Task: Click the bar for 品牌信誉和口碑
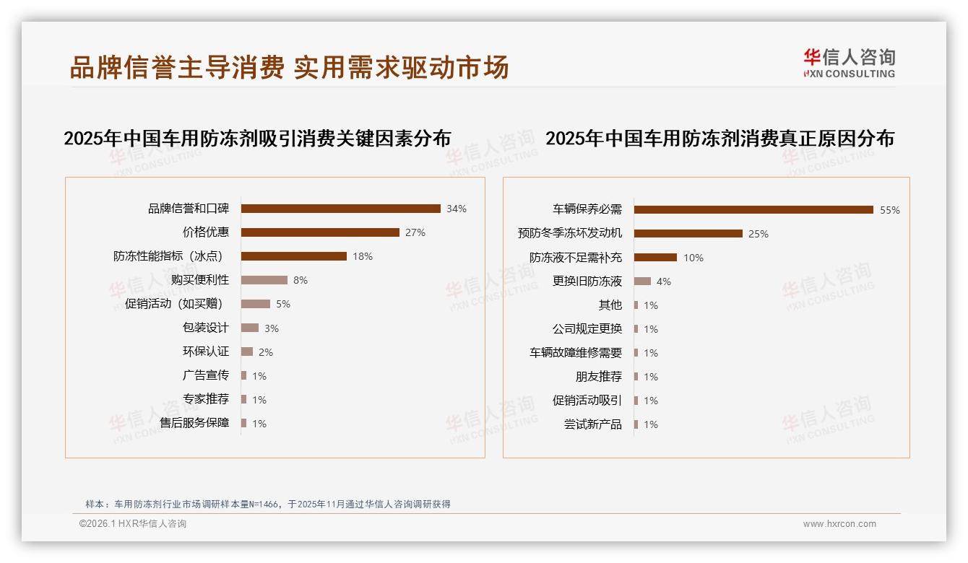click(340, 209)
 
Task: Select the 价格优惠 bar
click(320, 232)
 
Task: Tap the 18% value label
click(363, 256)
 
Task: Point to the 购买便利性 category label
click(200, 280)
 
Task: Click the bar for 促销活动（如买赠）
click(256, 304)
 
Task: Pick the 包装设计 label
click(206, 328)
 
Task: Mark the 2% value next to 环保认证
click(266, 352)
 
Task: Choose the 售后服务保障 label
click(194, 423)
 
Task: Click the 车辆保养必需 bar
click(753, 210)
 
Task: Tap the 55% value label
click(890, 211)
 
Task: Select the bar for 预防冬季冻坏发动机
click(688, 234)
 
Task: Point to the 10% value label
click(693, 258)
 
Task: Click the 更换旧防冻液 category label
click(587, 281)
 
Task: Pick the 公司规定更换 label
click(587, 329)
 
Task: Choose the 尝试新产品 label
click(593, 424)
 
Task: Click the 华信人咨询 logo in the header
click(849, 63)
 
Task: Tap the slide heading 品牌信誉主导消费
click(178, 67)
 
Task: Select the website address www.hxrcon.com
click(839, 524)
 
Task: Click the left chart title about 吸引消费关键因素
click(257, 139)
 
